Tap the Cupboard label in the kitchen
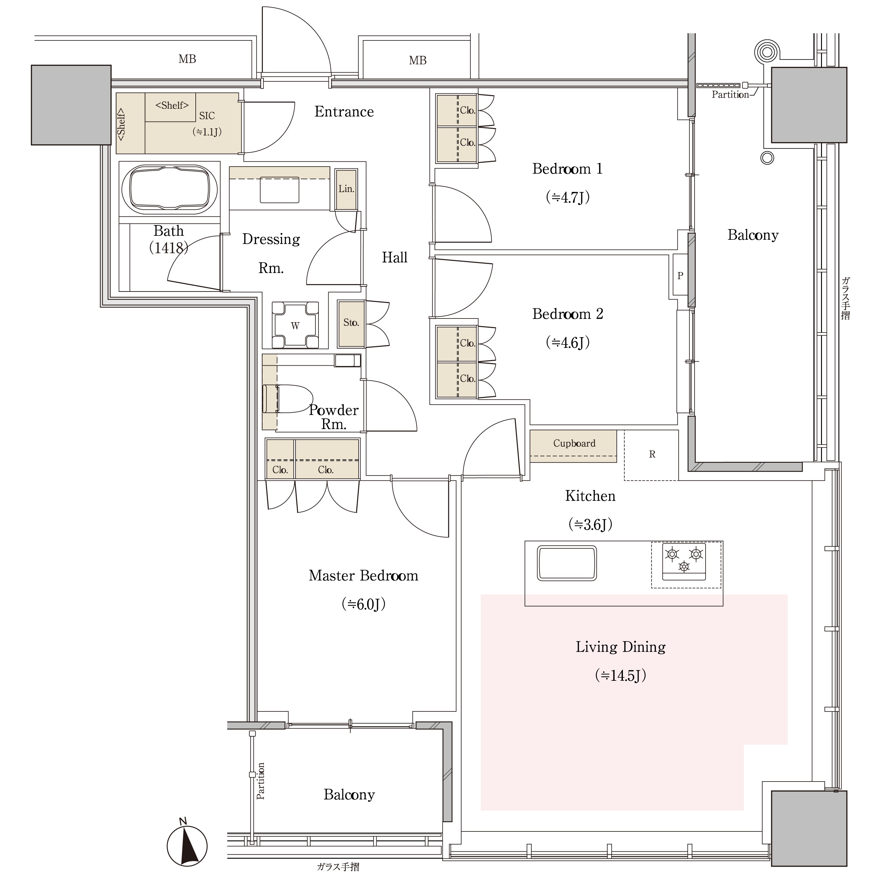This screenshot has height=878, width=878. coord(574,443)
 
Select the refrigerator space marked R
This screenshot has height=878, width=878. coord(652,455)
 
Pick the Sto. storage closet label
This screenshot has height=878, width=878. coord(351,323)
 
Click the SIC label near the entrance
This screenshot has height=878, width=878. coord(207,116)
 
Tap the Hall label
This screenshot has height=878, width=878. coord(394,258)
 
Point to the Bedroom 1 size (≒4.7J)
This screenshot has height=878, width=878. coord(567,197)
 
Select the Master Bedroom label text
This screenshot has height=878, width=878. coord(363,576)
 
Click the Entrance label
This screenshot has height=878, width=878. coord(344,112)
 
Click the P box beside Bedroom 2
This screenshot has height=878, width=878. coord(680,275)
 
